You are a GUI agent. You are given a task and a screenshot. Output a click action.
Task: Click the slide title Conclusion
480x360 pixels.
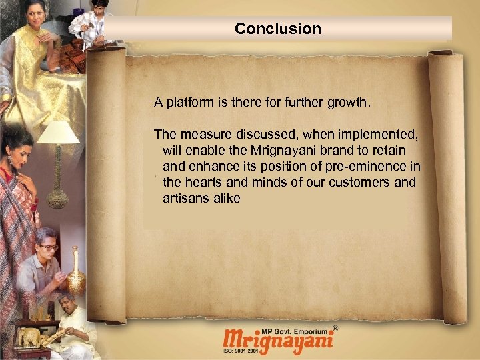coord(278,29)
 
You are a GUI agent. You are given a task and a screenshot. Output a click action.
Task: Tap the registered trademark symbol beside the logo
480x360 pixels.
coord(335,328)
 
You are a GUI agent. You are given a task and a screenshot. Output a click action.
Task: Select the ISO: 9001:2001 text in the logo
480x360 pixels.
coord(241,352)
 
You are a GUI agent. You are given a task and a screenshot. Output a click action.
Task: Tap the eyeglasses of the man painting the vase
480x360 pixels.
coord(48,247)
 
